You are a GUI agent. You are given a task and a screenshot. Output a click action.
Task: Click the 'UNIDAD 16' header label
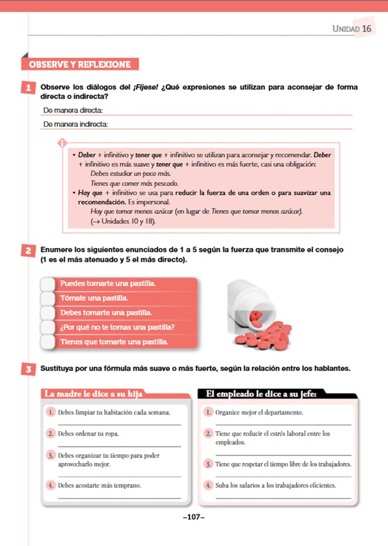(x=351, y=28)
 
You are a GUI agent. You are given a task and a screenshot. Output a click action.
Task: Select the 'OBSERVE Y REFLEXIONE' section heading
(x=79, y=64)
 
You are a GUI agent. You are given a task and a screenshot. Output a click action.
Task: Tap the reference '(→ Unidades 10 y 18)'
(x=123, y=222)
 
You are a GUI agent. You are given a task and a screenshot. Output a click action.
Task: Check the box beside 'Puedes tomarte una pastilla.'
(x=49, y=284)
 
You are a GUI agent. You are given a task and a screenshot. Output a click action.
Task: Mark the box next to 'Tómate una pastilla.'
(x=49, y=298)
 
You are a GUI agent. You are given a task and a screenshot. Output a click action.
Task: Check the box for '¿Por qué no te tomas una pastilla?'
(x=49, y=327)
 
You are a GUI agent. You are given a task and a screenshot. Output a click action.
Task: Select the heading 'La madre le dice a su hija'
(x=93, y=394)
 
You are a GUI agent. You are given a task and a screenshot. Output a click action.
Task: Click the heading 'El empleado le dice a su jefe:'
(x=261, y=394)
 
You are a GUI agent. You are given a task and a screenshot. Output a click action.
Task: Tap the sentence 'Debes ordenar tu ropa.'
(x=89, y=434)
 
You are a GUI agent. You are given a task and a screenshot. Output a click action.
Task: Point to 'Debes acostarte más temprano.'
(x=100, y=486)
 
